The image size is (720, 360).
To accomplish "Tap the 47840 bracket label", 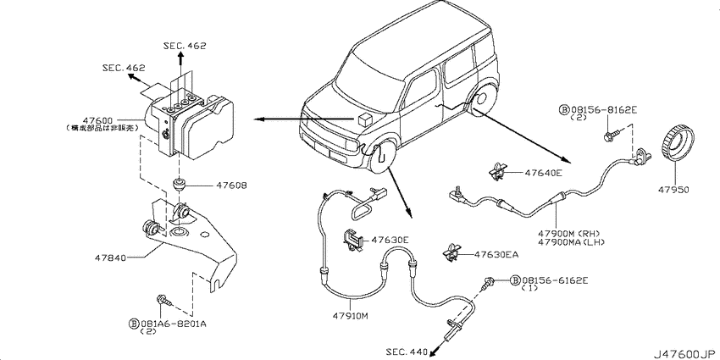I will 110,253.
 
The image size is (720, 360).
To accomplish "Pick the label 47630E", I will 388,240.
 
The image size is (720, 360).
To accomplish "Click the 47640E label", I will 543,172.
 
